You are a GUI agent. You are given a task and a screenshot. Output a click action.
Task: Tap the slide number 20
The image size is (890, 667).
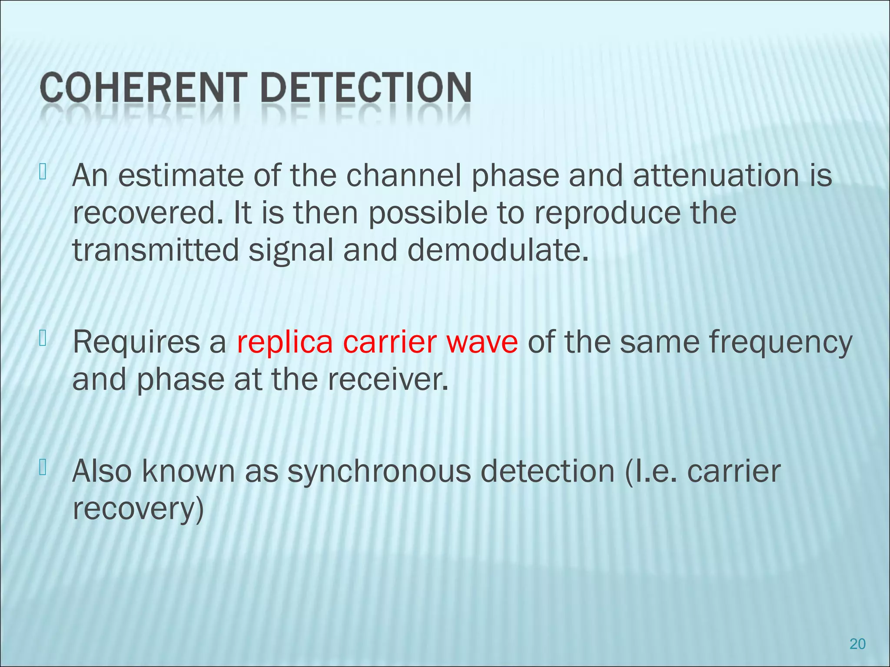pyautogui.click(x=857, y=644)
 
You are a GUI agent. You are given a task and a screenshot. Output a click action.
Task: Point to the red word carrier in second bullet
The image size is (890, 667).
pyautogui.click(x=389, y=342)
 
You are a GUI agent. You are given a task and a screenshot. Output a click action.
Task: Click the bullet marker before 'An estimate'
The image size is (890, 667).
pyautogui.click(x=42, y=172)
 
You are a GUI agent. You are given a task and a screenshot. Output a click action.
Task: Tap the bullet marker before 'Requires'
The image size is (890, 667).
pyautogui.click(x=42, y=339)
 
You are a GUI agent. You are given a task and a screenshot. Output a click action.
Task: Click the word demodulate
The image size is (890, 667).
pyautogui.click(x=498, y=251)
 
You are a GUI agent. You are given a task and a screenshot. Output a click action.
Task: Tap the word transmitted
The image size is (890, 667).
pyautogui.click(x=156, y=251)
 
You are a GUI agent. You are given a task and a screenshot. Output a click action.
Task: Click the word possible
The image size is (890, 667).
pyautogui.click(x=428, y=213)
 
